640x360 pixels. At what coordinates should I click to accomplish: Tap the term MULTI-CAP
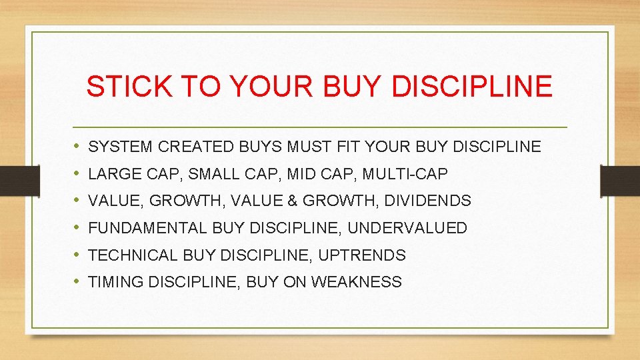[405, 174]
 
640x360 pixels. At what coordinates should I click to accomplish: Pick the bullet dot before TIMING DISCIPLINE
[77, 282]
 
